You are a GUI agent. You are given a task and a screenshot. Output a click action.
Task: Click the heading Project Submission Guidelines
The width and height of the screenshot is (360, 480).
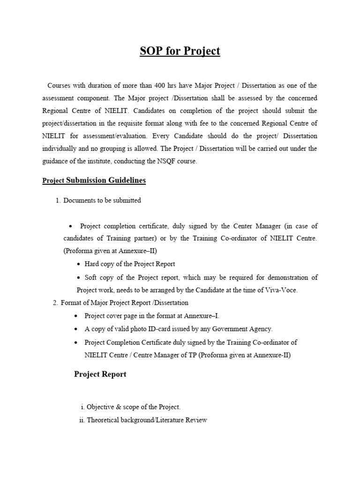coord(94,180)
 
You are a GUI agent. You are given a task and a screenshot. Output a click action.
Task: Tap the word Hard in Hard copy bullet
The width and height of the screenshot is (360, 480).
coord(92,263)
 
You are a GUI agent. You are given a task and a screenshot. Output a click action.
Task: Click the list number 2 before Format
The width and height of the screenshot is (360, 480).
coord(55,303)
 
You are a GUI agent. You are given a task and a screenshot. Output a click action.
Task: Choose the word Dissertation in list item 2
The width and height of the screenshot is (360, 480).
coord(169,303)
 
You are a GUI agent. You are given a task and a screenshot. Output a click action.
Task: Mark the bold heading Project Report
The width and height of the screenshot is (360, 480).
coord(100,375)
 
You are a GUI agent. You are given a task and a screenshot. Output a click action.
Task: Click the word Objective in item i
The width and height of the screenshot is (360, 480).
coord(102,407)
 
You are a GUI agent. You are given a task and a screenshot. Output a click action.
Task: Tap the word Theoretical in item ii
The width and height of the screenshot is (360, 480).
coord(105,420)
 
